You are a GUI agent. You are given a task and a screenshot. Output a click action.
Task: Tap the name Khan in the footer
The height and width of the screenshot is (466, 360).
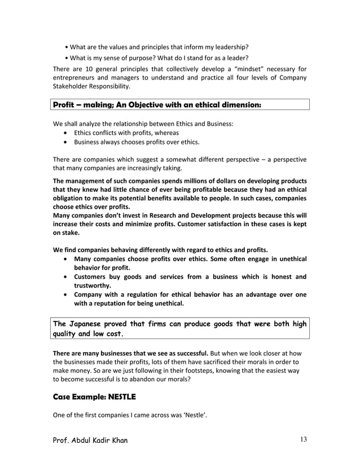(x=116, y=441)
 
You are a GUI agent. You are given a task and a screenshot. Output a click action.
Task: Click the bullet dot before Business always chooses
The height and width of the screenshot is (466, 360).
(x=67, y=142)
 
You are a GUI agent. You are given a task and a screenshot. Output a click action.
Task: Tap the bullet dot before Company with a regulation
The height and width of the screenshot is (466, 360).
(x=67, y=294)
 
